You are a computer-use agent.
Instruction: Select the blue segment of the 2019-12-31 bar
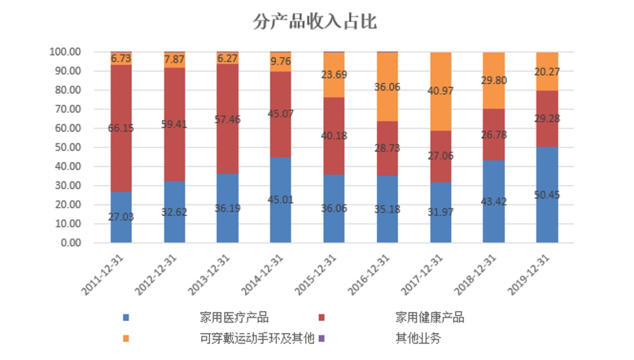click(x=547, y=217)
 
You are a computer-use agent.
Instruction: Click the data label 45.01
click(x=281, y=200)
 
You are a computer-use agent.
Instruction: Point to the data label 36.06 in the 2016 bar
click(x=387, y=87)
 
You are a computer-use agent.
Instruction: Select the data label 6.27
click(x=227, y=59)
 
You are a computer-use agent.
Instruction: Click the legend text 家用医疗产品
click(x=234, y=318)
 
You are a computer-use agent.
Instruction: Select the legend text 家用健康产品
click(x=430, y=318)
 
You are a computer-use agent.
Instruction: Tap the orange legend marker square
click(x=126, y=338)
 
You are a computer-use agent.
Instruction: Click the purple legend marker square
click(x=321, y=338)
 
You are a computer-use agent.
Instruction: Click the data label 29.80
click(x=494, y=80)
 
